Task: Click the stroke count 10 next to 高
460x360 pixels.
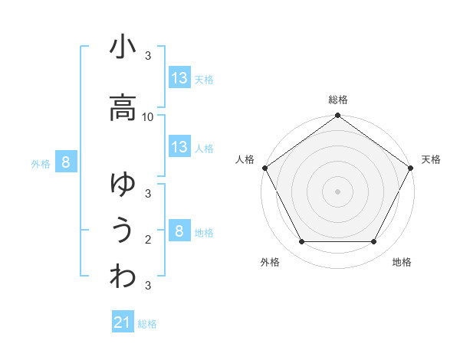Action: click(x=148, y=116)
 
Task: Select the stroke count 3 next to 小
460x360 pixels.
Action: click(x=148, y=56)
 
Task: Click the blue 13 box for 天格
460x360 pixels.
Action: click(x=179, y=77)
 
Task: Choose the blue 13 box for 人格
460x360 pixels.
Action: click(x=179, y=147)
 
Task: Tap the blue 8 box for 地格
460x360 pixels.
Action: click(x=179, y=231)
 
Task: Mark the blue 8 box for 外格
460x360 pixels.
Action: click(x=67, y=162)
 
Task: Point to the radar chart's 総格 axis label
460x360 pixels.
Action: click(x=337, y=100)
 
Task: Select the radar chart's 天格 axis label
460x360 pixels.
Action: click(x=431, y=159)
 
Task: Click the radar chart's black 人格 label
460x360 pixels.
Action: click(x=245, y=159)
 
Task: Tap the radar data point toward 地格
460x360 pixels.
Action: click(x=374, y=241)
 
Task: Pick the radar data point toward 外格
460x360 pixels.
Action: click(x=301, y=241)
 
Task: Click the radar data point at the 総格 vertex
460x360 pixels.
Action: click(x=337, y=116)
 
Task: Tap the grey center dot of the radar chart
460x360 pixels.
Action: click(x=337, y=191)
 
